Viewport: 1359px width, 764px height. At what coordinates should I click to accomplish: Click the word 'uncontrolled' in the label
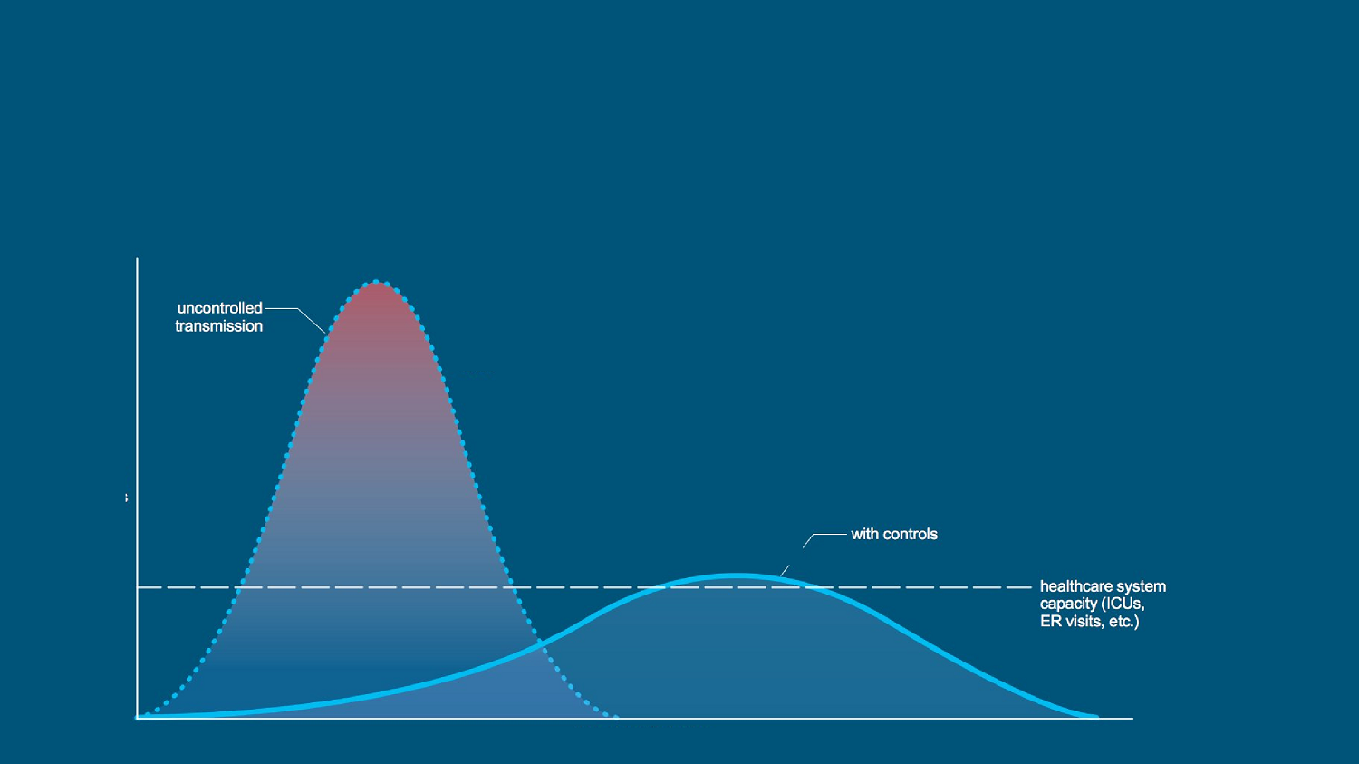[x=219, y=307]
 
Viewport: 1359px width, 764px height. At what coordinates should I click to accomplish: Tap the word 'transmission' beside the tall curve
[x=218, y=326]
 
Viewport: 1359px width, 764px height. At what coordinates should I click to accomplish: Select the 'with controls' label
[x=893, y=534]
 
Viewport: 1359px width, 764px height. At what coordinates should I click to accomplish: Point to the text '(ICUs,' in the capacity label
[x=1123, y=604]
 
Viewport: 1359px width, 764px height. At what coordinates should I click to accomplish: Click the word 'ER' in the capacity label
[x=1048, y=622]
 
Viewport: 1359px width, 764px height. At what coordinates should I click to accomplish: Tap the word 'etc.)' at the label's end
[x=1123, y=622]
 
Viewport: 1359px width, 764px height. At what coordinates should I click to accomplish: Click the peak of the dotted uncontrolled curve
[x=378, y=282]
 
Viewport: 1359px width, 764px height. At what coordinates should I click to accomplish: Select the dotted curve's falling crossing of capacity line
[x=515, y=587]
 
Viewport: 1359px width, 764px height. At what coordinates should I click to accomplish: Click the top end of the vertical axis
[x=137, y=259]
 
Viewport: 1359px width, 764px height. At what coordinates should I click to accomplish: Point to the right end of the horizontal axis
[x=1132, y=719]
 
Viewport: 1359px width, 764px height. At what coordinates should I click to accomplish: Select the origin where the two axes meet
[x=137, y=719]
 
